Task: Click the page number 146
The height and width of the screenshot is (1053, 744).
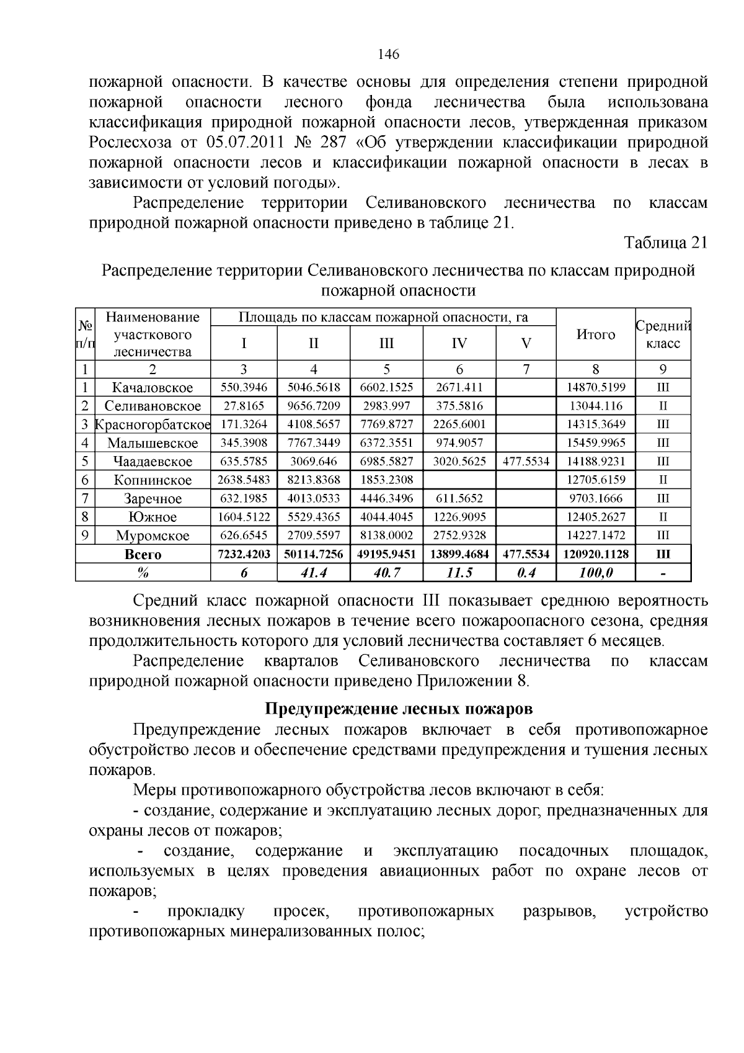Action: coord(389,54)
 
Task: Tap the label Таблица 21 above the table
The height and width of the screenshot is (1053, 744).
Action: coord(665,243)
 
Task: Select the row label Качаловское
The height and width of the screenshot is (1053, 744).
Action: coord(153,388)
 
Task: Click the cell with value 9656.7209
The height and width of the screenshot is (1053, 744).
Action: coord(314,406)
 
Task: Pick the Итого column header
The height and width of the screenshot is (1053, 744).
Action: coord(595,335)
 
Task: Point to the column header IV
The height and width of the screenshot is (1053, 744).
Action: coord(459,343)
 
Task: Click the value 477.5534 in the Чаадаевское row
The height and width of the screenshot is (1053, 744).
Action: coord(526,461)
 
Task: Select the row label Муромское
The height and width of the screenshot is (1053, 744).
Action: coord(153,535)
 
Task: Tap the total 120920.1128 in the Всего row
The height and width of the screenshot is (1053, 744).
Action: coord(595,554)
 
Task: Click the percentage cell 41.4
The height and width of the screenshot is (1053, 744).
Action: coord(314,573)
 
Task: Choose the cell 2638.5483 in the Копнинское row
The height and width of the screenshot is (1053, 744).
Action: coord(244,480)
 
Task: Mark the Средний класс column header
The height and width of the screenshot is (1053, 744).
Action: coord(663,335)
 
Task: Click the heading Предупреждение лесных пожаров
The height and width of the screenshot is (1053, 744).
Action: coord(399,709)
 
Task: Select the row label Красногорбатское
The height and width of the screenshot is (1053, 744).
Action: coord(153,424)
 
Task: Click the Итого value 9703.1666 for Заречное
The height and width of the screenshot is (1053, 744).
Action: coord(595,498)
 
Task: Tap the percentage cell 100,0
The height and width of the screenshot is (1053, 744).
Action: coord(595,573)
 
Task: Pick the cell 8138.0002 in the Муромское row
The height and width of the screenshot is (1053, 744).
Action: coord(386,535)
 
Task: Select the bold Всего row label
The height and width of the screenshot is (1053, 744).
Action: coord(143,554)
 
